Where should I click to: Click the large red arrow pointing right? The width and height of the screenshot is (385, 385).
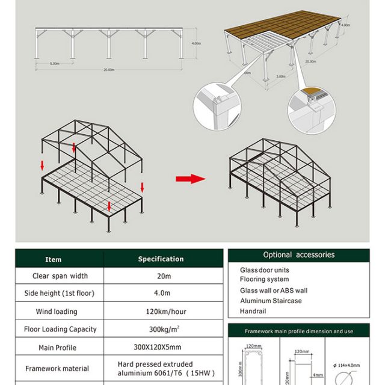(190, 179)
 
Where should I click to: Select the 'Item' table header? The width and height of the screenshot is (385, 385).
(54, 259)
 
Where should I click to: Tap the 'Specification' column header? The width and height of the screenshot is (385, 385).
(161, 259)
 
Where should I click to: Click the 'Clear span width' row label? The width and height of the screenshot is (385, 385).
(60, 276)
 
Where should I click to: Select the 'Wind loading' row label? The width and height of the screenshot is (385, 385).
(60, 312)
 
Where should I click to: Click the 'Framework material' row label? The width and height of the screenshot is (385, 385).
(58, 368)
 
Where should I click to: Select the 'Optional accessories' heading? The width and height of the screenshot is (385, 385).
(298, 255)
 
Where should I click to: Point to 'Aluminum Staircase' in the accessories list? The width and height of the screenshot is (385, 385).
(271, 301)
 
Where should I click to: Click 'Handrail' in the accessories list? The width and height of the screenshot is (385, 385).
(253, 311)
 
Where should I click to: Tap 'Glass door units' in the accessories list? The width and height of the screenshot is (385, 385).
(265, 271)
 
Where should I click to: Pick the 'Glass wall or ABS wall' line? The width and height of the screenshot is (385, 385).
(274, 291)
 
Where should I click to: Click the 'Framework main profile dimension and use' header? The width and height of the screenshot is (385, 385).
(298, 331)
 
